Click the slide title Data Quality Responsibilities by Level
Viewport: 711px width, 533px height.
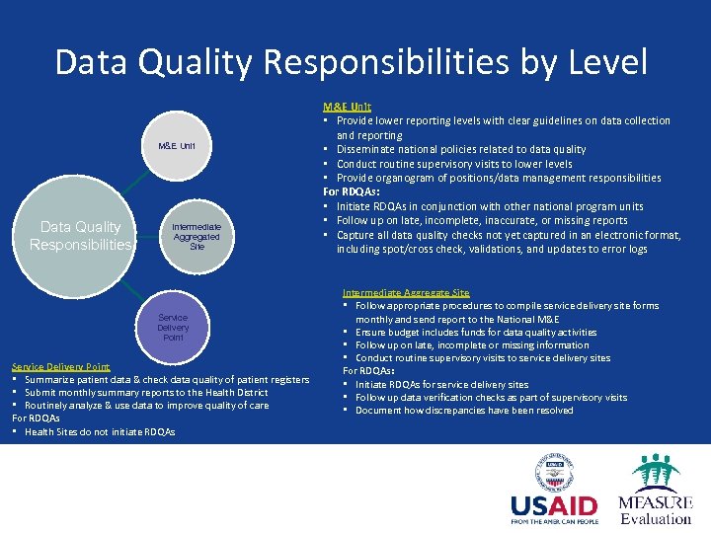click(x=352, y=62)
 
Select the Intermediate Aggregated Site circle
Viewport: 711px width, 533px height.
click(x=197, y=235)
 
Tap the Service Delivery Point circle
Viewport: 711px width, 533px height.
click(x=173, y=327)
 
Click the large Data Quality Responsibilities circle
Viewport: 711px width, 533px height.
click(x=80, y=236)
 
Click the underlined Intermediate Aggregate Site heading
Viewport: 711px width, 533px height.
click(x=406, y=293)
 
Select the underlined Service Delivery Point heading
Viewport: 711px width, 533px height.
click(x=61, y=366)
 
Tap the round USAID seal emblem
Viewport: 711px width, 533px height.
click(x=553, y=471)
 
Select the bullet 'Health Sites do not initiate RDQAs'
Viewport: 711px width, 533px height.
click(x=99, y=431)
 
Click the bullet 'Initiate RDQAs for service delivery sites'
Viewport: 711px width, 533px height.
click(x=441, y=384)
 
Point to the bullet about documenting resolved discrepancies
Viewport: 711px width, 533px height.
click(x=463, y=410)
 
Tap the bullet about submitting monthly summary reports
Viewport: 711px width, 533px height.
click(x=146, y=393)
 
